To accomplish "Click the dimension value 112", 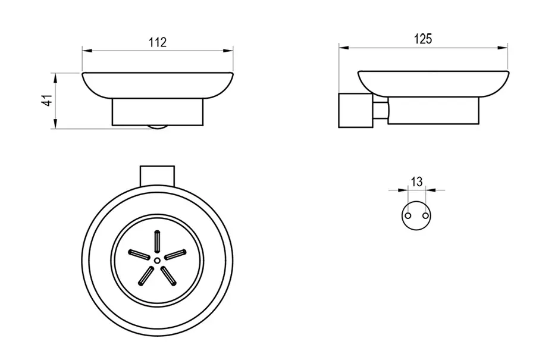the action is click(158, 42).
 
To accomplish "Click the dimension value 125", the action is click(423, 39).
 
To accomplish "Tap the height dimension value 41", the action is click(48, 101).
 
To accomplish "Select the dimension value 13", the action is click(416, 181).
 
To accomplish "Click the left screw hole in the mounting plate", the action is click(408, 216).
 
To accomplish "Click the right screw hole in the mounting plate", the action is click(425, 216).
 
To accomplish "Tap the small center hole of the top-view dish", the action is click(157, 261).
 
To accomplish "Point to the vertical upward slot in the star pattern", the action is click(157, 242).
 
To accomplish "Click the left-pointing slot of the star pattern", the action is click(139, 255).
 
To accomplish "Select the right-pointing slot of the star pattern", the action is click(175, 255).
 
